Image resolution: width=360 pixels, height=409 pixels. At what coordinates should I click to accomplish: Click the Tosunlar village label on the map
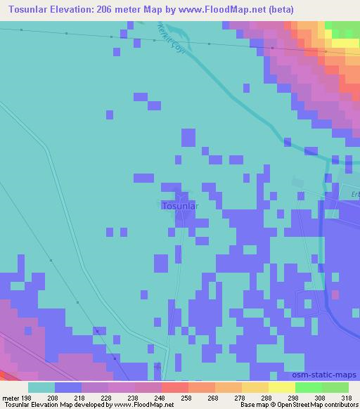(x=180, y=206)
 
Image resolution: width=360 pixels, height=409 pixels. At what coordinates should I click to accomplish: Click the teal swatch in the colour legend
(x=41, y=387)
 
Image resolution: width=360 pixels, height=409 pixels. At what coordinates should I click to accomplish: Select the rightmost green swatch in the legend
(x=336, y=387)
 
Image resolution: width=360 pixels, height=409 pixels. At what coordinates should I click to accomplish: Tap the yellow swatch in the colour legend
(x=283, y=387)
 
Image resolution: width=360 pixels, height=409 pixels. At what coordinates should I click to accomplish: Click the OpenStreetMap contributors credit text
(x=316, y=405)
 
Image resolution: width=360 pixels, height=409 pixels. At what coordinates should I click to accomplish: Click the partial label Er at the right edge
(x=355, y=195)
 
